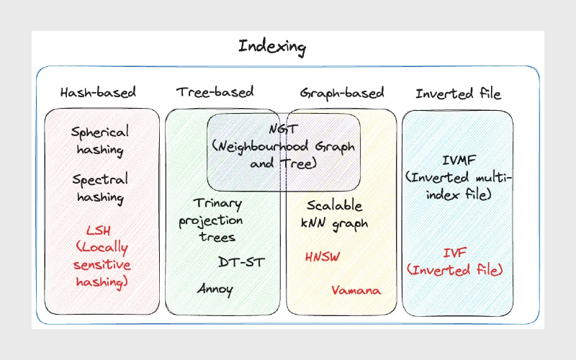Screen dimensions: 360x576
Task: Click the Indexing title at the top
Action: tap(272, 48)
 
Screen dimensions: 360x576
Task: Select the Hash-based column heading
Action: tap(98, 93)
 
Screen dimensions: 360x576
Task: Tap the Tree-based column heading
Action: tap(215, 91)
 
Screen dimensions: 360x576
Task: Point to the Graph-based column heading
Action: tap(341, 93)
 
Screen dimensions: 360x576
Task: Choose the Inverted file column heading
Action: tap(458, 93)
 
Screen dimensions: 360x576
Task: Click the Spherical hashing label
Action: tap(100, 141)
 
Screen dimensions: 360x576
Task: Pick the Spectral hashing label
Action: tap(100, 188)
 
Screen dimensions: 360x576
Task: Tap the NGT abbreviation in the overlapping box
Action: tap(282, 130)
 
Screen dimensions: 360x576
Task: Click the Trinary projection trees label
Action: tap(211, 220)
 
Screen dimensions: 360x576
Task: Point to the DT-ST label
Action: tap(240, 261)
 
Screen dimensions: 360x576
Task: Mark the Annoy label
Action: tap(215, 289)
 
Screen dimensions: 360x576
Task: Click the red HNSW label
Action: tap(322, 257)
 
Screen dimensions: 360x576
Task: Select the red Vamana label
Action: tap(356, 290)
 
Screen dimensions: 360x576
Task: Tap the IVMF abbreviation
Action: tap(457, 159)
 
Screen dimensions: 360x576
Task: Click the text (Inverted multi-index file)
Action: tap(458, 186)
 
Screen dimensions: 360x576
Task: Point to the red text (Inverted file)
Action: tap(454, 270)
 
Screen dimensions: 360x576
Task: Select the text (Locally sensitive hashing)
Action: tap(101, 264)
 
